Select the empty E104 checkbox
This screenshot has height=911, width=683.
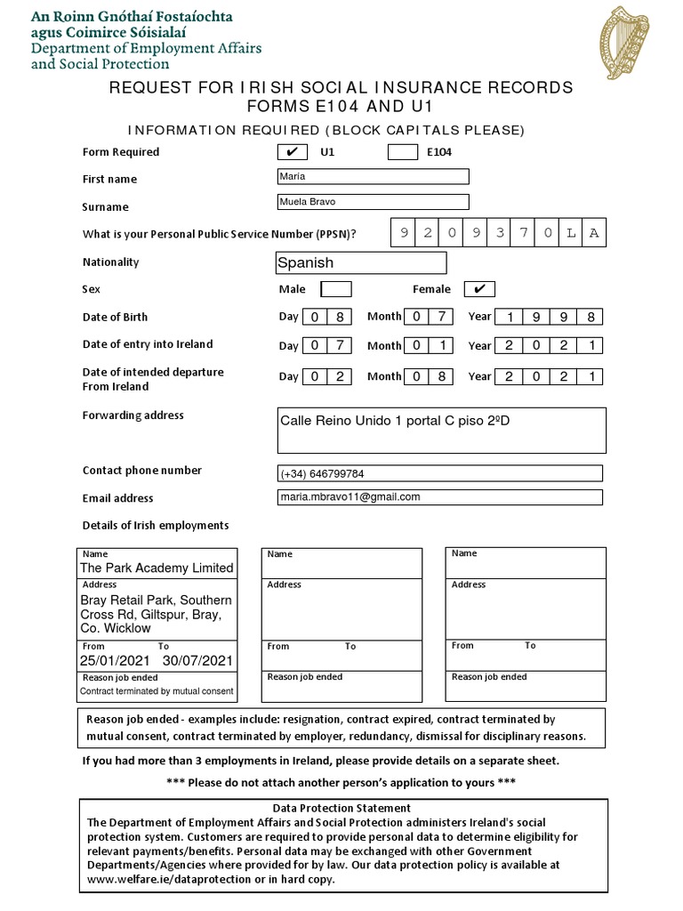(403, 152)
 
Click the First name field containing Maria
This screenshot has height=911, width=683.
(374, 176)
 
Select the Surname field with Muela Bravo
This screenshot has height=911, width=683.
(374, 202)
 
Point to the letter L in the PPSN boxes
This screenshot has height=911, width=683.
(571, 233)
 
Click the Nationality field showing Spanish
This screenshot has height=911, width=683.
(361, 262)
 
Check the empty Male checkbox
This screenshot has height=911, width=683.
(335, 289)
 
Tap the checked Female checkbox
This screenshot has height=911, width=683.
(479, 289)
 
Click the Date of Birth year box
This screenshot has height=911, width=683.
(549, 317)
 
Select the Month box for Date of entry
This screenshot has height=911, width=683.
(429, 345)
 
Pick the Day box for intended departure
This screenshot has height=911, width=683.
(326, 376)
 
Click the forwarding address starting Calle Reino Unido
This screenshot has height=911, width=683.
(395, 421)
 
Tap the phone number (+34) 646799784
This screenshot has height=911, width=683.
(322, 474)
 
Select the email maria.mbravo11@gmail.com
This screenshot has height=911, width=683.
(350, 497)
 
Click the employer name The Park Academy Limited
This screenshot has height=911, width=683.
(157, 568)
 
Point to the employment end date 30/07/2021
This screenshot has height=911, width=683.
(197, 661)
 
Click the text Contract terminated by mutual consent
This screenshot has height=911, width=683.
(157, 691)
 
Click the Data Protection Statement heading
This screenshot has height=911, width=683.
(341, 808)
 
